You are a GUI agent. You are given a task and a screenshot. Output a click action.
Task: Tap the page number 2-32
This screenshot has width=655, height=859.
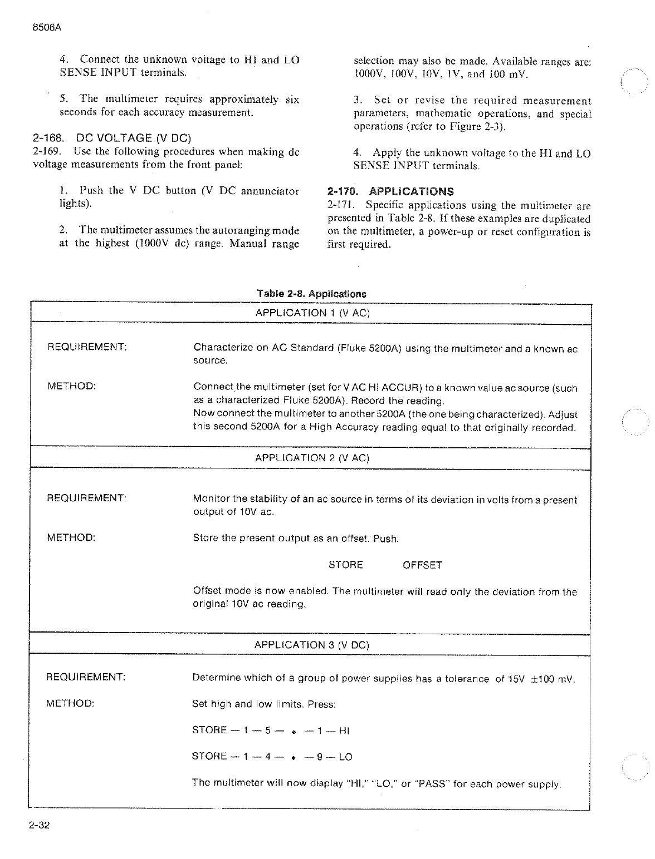tap(40, 826)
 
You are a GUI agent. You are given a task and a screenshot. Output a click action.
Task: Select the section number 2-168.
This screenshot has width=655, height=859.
tap(47, 138)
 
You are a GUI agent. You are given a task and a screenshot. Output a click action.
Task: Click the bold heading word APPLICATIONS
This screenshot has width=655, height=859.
tap(412, 191)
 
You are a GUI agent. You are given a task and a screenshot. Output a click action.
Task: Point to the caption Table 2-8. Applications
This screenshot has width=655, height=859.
tap(311, 294)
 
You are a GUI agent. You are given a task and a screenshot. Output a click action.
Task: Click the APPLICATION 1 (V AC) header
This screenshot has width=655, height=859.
tap(312, 313)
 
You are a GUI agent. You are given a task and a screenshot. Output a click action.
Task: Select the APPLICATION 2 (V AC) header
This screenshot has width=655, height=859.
tap(312, 458)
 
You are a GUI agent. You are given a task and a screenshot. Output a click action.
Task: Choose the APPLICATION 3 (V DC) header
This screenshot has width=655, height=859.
tap(311, 645)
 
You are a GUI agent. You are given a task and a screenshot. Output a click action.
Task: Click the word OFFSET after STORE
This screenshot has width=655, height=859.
tap(422, 565)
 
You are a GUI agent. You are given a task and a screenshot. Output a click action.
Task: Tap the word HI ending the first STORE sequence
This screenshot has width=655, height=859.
tap(344, 730)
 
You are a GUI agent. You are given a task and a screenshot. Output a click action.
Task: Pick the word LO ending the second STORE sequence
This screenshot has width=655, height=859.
tap(345, 757)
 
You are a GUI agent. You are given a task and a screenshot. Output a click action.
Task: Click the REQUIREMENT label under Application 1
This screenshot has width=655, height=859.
tap(87, 347)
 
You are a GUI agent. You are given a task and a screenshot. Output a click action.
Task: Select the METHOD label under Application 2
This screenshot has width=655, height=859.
tap(71, 537)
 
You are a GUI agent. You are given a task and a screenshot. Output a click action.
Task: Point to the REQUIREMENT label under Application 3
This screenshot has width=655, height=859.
tap(85, 677)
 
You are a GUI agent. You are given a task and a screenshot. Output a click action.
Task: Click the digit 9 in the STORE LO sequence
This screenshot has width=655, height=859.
tap(320, 757)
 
